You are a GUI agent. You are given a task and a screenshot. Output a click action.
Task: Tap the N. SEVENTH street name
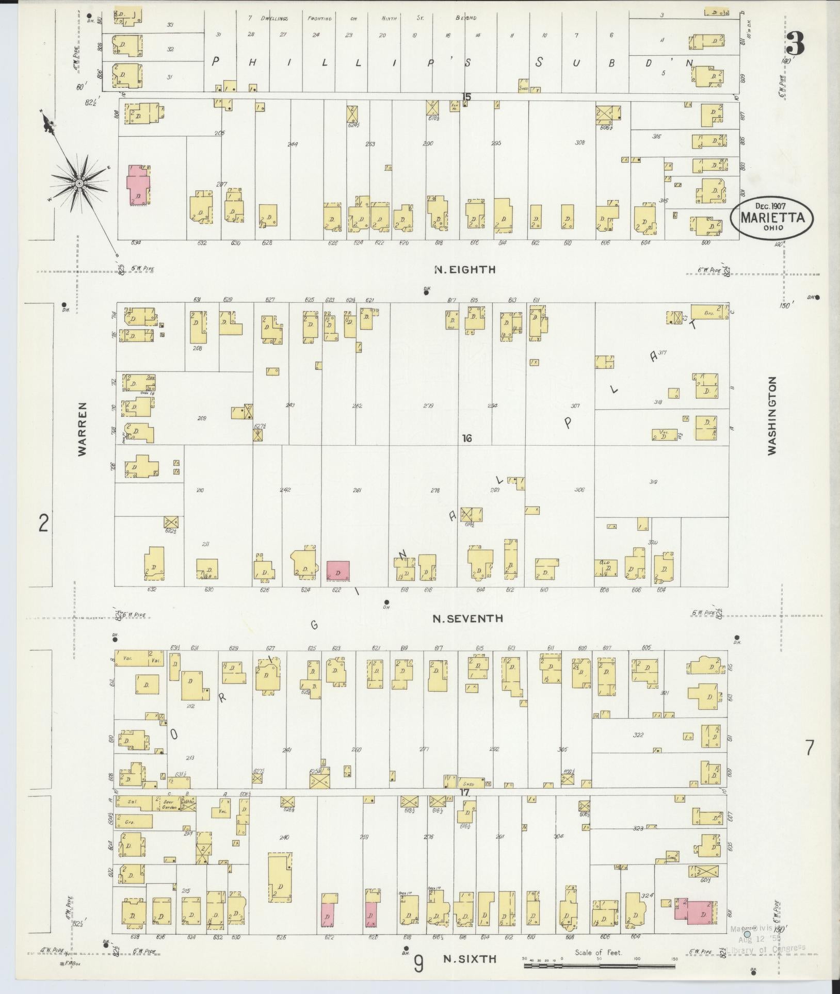467,618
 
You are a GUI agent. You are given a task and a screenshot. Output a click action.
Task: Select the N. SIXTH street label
470,958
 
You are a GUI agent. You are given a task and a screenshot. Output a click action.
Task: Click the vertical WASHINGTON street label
772,415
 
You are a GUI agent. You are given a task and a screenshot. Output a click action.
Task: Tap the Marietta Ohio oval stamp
771,217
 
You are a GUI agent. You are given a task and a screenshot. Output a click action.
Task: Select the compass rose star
79,183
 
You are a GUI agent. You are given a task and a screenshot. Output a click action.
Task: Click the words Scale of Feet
599,952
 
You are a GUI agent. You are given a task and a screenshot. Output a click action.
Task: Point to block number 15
466,96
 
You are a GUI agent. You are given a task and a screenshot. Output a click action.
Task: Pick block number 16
467,438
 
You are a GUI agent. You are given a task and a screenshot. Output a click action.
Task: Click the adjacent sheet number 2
43,525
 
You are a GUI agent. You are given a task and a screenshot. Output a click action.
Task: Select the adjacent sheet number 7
810,747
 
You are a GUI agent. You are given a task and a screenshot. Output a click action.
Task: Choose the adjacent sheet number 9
419,963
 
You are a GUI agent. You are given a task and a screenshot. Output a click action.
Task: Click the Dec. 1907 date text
771,206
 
